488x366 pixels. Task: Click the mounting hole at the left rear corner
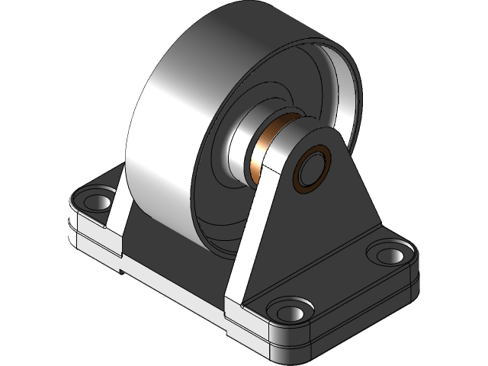(x=97, y=201)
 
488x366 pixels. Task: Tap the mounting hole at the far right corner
(x=389, y=254)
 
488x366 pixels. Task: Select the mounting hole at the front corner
(x=290, y=310)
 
